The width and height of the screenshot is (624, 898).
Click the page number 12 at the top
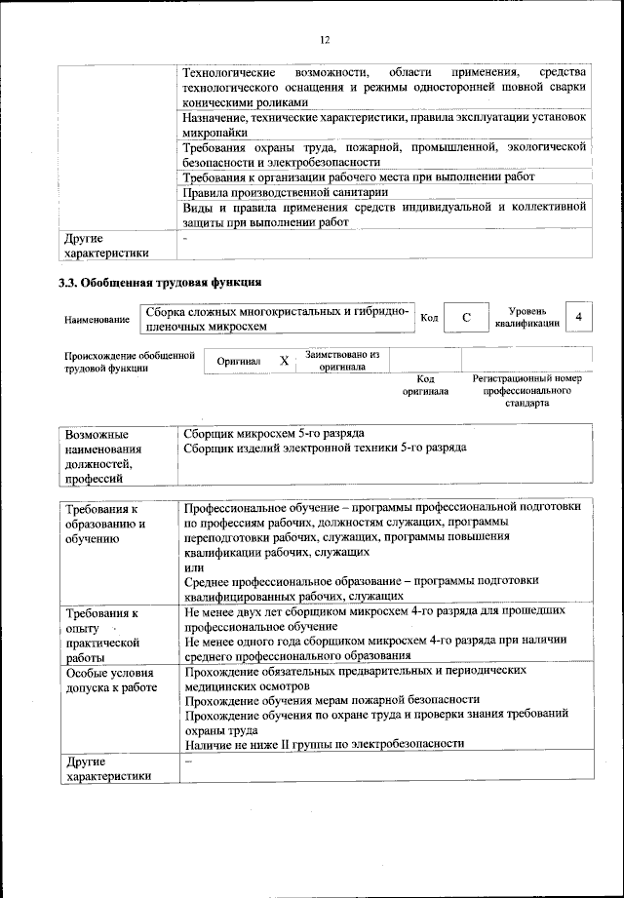[324, 39]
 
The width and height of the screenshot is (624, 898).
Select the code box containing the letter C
[467, 318]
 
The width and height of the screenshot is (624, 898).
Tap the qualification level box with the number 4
[579, 317]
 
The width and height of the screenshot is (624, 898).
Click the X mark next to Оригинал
[285, 361]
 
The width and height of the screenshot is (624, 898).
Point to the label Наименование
[97, 320]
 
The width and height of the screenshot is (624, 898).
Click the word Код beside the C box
[429, 318]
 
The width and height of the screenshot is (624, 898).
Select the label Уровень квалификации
[526, 317]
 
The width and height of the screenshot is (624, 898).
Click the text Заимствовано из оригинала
[341, 361]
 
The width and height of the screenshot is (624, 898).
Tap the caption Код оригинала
[425, 385]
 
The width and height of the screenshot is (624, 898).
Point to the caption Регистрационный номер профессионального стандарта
[526, 390]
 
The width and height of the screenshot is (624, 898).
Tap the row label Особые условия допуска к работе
[111, 680]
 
